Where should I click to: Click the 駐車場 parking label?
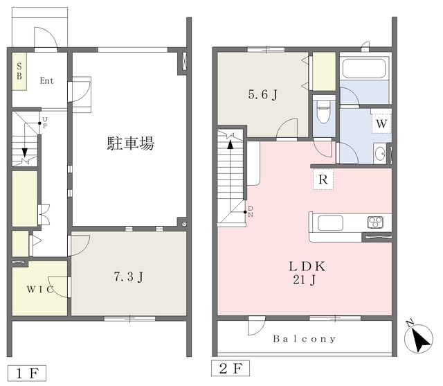tap(131, 143)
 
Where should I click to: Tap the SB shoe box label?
tap(19, 71)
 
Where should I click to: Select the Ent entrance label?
tap(46, 80)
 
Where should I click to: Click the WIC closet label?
tap(40, 289)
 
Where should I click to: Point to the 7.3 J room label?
tap(129, 277)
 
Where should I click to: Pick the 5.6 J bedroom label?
tap(263, 94)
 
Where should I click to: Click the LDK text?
tap(307, 266)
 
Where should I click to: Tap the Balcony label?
tap(305, 338)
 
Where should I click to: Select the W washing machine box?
tap(381, 123)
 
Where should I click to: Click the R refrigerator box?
tap(323, 179)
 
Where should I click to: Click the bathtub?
tap(364, 68)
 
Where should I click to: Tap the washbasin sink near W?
tap(380, 154)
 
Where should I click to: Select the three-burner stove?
tap(375, 222)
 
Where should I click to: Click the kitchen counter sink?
tap(330, 222)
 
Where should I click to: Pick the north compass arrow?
tap(419, 338)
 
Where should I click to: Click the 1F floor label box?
tap(27, 374)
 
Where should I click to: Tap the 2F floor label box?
tap(230, 368)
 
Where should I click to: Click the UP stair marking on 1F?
tap(45, 123)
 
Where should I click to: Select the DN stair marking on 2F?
tap(251, 211)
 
